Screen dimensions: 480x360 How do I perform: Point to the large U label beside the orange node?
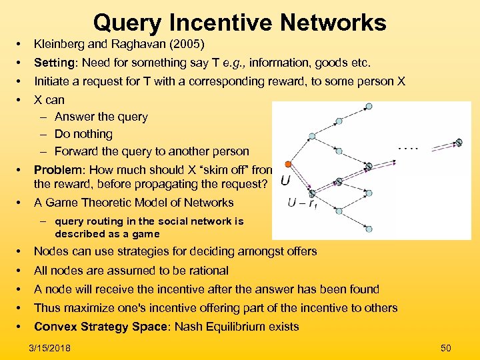pos(285,181)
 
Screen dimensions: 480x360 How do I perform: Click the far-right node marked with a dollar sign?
pos(459,142)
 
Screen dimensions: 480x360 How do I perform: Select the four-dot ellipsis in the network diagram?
pos(407,148)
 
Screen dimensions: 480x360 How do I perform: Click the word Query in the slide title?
pos(127,23)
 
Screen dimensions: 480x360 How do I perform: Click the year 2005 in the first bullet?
pos(187,44)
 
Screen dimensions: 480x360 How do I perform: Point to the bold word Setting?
pos(55,63)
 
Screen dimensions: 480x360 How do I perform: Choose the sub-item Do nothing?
pos(83,134)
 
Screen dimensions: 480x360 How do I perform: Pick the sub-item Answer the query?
pos(101,117)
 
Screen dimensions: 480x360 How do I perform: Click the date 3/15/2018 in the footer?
pos(51,348)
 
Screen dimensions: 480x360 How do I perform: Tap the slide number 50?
pos(446,348)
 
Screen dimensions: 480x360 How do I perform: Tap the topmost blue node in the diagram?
pos(340,121)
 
